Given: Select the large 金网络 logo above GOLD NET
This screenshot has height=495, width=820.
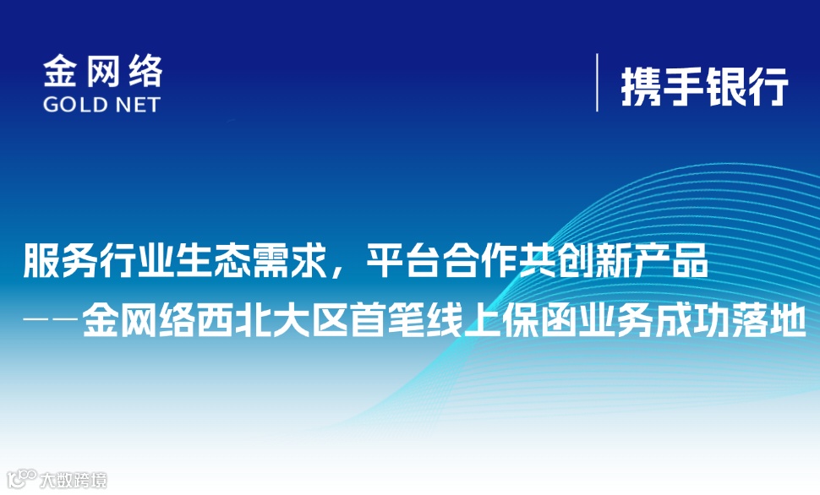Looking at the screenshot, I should tap(102, 72).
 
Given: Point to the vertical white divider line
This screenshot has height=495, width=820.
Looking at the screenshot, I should tap(597, 83).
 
